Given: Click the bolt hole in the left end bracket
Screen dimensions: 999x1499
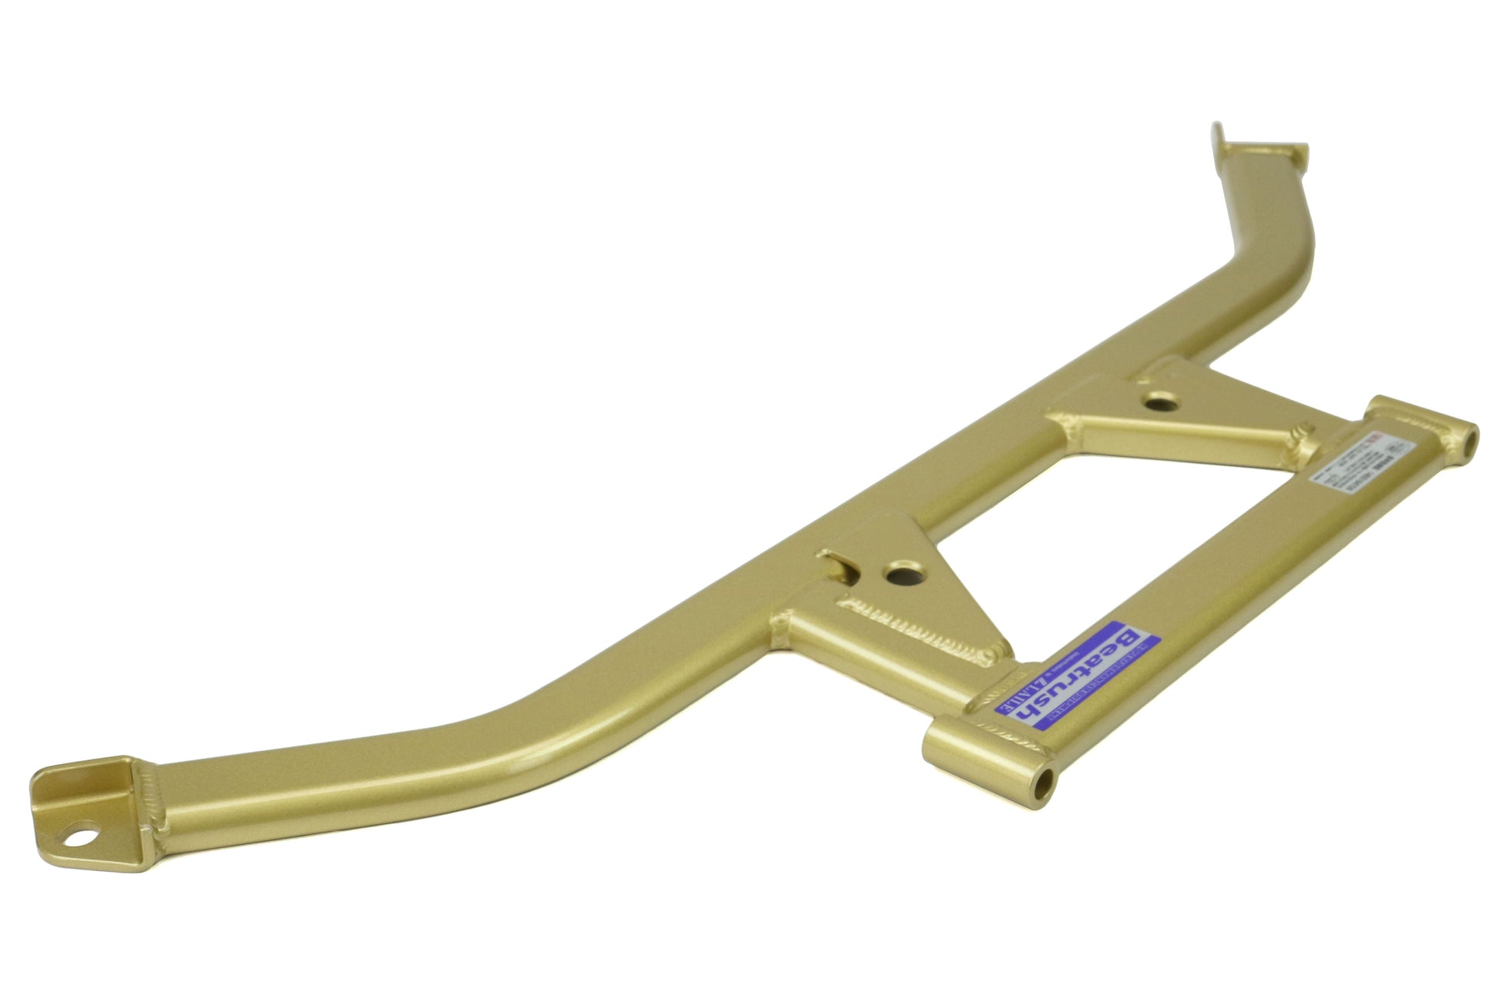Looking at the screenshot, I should (82, 834).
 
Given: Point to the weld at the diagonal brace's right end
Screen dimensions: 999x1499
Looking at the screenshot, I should (1303, 446).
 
